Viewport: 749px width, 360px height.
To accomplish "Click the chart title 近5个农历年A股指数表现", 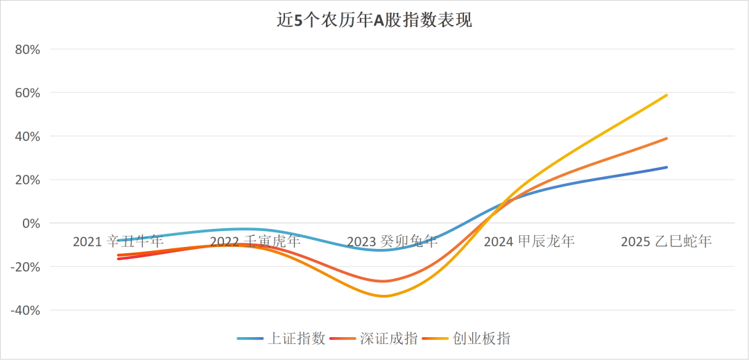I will coord(374,21).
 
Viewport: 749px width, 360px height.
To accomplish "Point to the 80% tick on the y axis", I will coord(28,49).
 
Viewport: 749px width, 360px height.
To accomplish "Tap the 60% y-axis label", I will coord(28,93).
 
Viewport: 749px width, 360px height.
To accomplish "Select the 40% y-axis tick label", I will coord(28,136).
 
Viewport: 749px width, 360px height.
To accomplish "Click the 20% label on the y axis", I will coord(28,180).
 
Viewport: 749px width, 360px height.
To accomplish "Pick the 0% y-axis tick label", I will coord(32,223).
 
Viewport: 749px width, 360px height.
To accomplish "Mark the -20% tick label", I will coord(26,266).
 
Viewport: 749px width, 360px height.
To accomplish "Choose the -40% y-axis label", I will coord(26,310).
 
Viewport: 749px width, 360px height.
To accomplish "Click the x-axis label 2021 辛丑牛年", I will coord(119,241).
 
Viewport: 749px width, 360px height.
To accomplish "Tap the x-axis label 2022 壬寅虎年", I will coord(255,241).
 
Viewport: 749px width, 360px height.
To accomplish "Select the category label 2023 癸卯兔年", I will coord(393,241).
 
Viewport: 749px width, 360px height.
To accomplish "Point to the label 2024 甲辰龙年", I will coord(529,241).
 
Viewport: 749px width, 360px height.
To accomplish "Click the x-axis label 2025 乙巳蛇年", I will coord(666,241).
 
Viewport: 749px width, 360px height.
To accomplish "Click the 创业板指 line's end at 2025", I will coord(666,95).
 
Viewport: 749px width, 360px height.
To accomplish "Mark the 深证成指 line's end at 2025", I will coord(666,138).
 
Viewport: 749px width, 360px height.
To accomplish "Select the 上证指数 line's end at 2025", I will coord(666,167).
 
